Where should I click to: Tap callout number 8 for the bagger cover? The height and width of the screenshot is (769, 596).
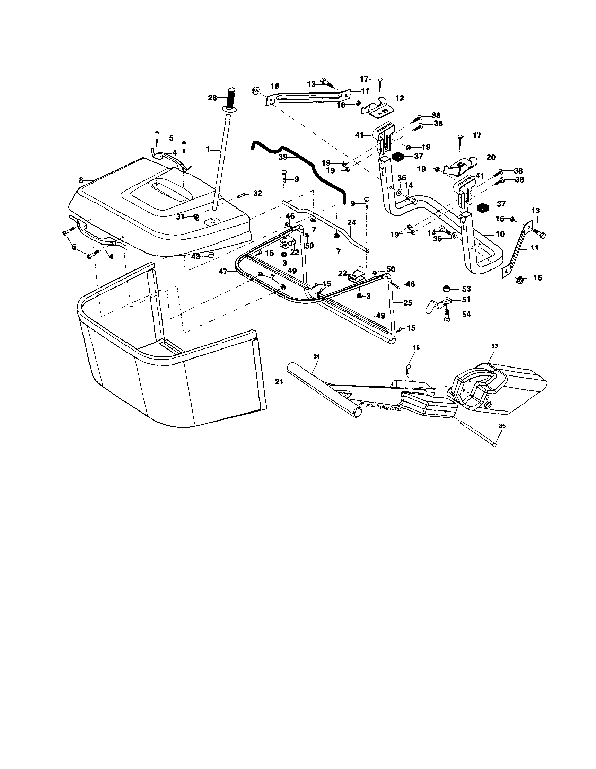(x=81, y=180)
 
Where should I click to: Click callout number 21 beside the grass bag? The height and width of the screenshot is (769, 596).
(x=279, y=382)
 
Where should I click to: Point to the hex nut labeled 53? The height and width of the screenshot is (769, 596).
(x=446, y=289)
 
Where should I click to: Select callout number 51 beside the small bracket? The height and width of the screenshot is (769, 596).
(x=466, y=299)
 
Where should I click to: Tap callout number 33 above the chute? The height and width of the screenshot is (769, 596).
(x=494, y=346)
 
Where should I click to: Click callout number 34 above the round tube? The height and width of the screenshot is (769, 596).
(x=316, y=357)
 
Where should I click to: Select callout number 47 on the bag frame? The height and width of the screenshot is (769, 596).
(x=222, y=272)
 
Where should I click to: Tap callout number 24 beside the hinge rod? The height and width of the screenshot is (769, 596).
(x=351, y=222)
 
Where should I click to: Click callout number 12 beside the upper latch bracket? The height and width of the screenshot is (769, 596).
(x=400, y=98)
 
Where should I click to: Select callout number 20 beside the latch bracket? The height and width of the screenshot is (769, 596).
(x=491, y=157)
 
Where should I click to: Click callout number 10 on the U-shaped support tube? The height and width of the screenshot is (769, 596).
(x=500, y=234)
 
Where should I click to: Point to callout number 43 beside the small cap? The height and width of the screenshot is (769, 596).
(x=195, y=256)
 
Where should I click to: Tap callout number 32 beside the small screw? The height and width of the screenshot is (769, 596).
(x=258, y=193)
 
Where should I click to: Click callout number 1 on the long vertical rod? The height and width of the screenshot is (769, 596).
(x=208, y=150)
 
